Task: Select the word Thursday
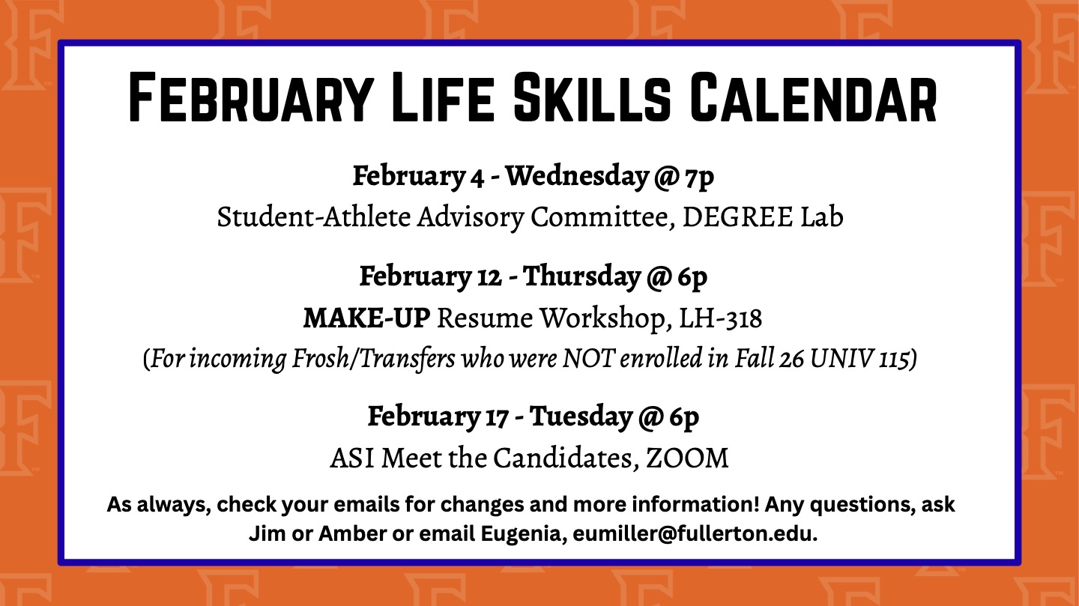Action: (581, 276)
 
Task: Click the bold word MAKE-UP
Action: (366, 318)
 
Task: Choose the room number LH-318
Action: (720, 318)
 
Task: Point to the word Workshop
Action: (605, 318)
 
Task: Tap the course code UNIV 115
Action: (872, 360)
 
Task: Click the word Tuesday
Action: (580, 416)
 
